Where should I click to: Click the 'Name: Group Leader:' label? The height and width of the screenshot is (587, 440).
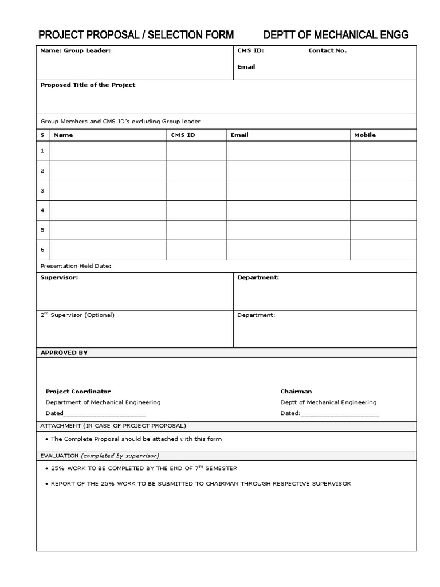(x=75, y=50)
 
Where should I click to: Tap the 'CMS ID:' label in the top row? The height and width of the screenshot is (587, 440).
(x=250, y=50)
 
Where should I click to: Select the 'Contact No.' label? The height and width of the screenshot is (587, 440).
(x=327, y=50)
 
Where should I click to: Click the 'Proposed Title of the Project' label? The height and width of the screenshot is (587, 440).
(x=88, y=85)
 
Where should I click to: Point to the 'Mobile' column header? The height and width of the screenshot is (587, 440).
(x=365, y=135)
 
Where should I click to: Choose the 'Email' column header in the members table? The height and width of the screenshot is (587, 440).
(x=239, y=135)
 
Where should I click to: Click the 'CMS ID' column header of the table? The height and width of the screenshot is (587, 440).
(x=183, y=135)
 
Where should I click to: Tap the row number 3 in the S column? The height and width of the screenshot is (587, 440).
(x=42, y=191)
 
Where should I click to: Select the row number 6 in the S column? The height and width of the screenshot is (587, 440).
(x=42, y=249)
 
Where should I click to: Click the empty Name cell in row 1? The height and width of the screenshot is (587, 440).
(x=108, y=151)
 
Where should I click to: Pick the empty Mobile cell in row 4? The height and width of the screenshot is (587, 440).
(x=383, y=210)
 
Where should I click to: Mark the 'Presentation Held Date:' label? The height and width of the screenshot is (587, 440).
(x=76, y=266)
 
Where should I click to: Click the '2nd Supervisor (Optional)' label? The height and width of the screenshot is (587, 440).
(x=77, y=315)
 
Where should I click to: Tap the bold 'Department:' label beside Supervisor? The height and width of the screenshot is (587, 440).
(x=258, y=277)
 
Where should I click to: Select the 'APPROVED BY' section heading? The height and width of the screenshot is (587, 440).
(x=64, y=353)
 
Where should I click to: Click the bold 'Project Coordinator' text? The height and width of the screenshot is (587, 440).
(x=78, y=392)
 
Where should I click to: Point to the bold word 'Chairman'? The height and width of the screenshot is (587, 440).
(x=296, y=392)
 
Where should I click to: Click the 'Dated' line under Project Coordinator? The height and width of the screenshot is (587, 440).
(x=95, y=413)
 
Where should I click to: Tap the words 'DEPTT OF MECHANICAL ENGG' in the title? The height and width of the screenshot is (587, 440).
(x=336, y=35)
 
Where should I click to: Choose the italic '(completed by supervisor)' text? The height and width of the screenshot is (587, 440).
(x=120, y=456)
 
